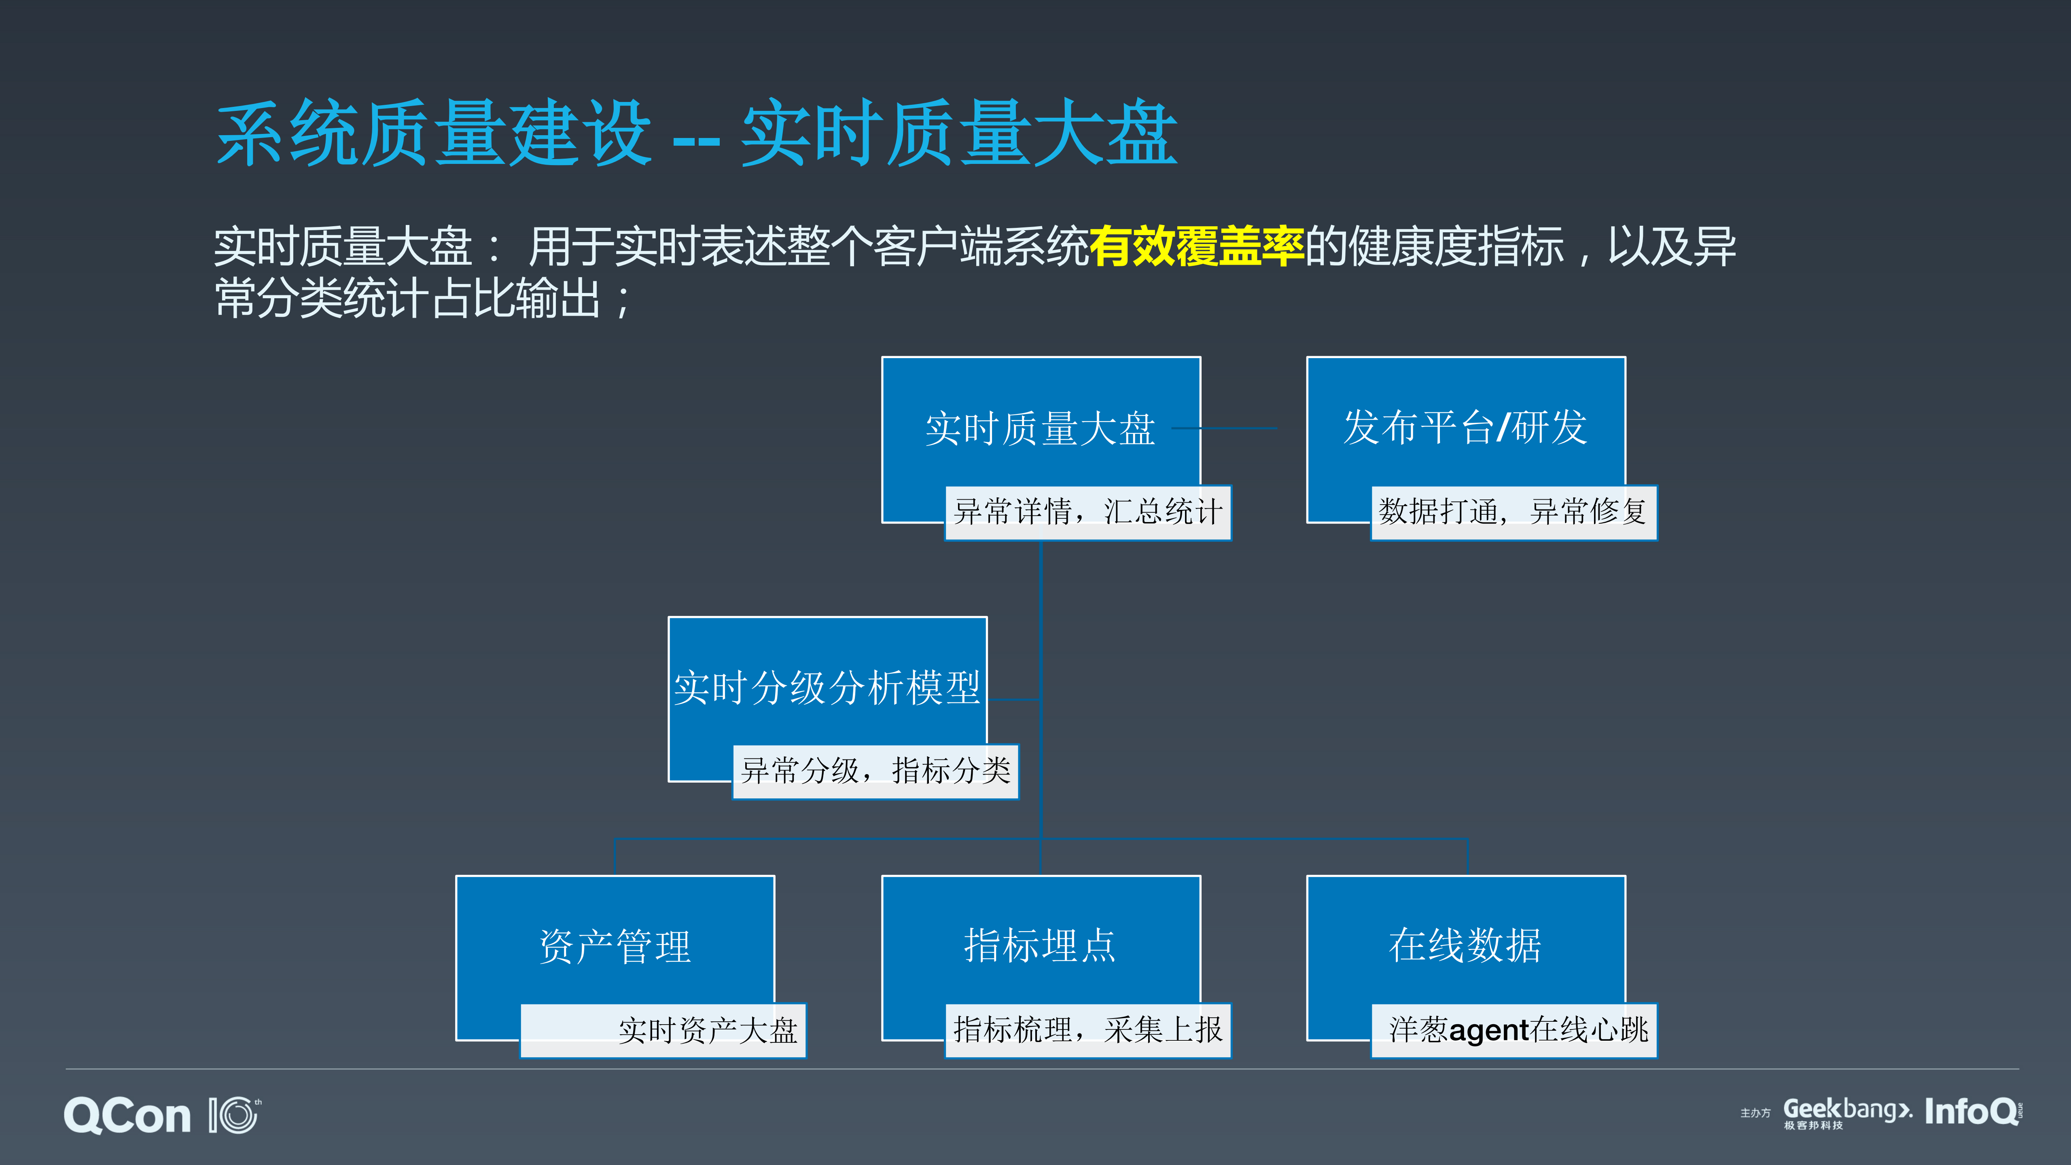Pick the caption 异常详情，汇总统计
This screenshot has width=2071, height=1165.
[x=1087, y=512]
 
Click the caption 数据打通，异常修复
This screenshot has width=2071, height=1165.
[x=1513, y=512]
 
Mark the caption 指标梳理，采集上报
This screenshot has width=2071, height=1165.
[x=1087, y=1030]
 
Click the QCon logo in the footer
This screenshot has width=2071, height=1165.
[x=127, y=1116]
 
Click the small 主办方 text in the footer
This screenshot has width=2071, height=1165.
[x=1755, y=1114]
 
